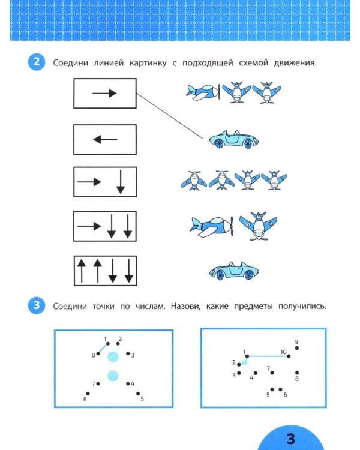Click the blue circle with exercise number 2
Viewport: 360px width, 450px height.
point(36,62)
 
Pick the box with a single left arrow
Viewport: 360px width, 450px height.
point(104,139)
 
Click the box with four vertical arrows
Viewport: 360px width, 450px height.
point(104,271)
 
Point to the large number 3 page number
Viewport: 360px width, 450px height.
point(290,439)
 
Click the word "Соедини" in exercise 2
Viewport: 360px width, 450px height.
point(69,63)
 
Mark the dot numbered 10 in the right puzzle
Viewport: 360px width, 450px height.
point(290,356)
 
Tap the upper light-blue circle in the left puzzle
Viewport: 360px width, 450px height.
point(112,358)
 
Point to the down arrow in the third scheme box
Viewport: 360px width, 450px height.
point(120,182)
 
